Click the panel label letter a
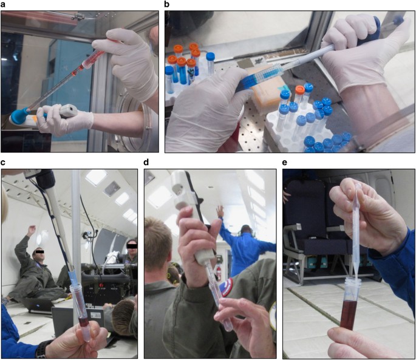tap(4, 4)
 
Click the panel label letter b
tap(168, 4)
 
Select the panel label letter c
tap(4, 162)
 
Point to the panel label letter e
tap(285, 162)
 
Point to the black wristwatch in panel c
tap(42, 349)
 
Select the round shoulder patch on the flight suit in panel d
tap(226, 287)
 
